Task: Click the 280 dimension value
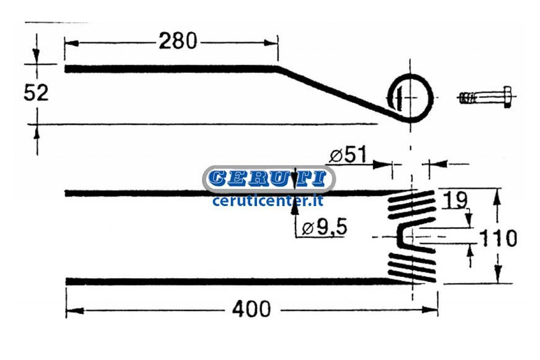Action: coord(178,41)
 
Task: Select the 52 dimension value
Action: coord(36,92)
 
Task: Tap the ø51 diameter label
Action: coord(348,155)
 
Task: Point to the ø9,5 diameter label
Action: coord(325,227)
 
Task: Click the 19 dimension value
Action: coord(455,200)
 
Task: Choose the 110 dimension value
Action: coord(498,238)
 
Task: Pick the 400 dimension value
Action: coord(251,308)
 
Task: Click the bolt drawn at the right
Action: coord(485,97)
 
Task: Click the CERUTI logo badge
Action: coord(269,179)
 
